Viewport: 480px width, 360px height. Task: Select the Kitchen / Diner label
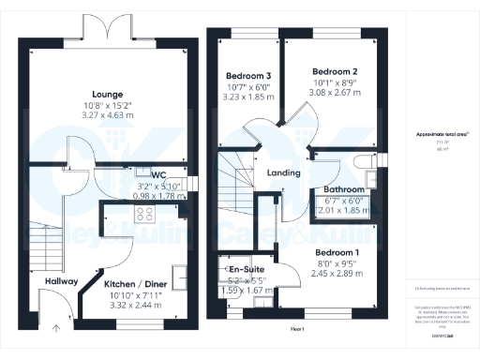[135, 282]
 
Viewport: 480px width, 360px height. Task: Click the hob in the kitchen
[147, 216]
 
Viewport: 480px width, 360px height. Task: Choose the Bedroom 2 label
[335, 71]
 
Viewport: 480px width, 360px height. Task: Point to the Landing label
[282, 172]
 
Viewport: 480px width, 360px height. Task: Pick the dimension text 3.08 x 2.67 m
[335, 95]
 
